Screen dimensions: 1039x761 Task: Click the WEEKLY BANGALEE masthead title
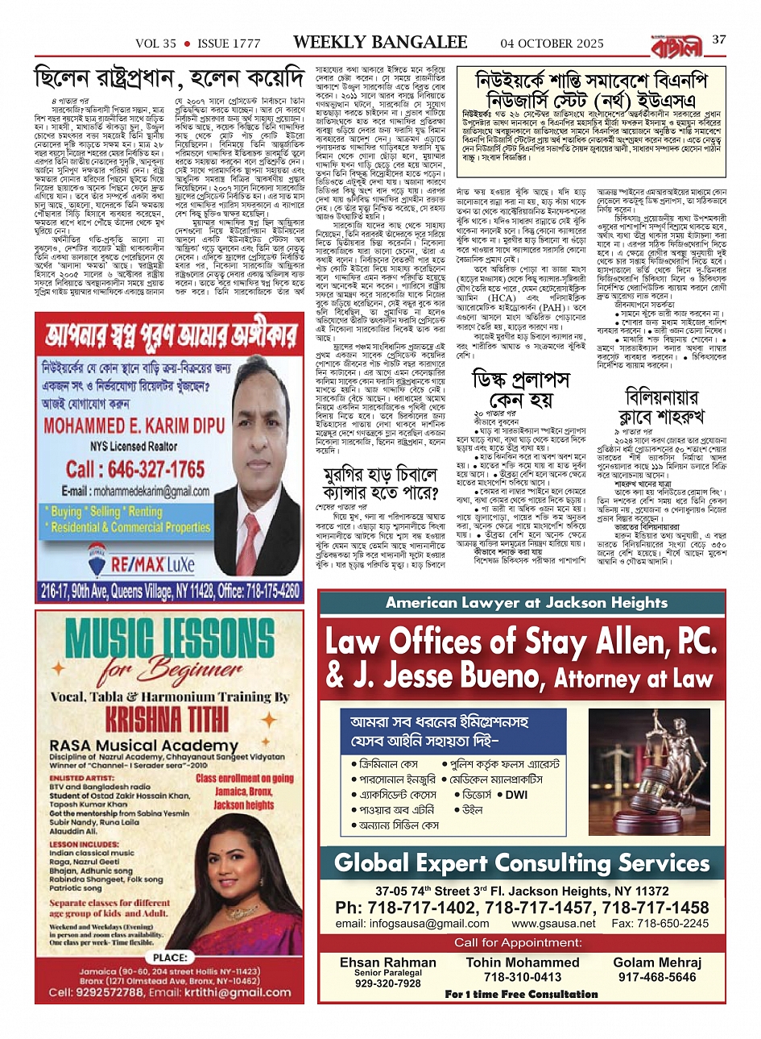380,42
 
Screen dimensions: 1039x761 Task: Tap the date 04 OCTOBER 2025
552,43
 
